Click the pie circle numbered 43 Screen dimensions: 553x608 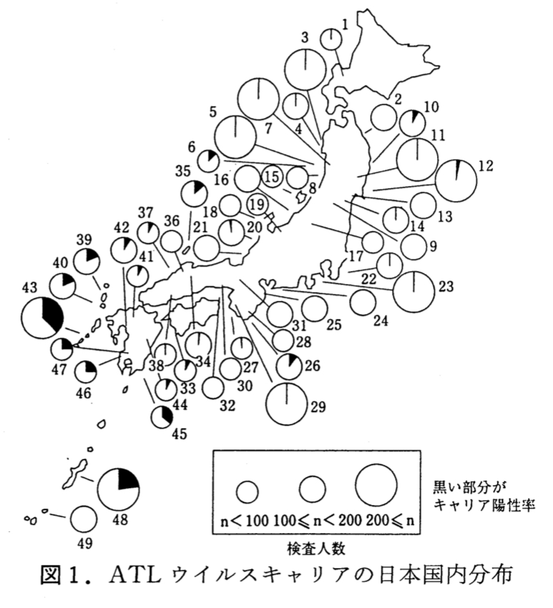42,318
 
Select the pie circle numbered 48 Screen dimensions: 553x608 119,488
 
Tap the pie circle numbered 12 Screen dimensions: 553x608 456,180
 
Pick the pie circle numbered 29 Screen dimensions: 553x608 286,403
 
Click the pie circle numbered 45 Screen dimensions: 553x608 162,416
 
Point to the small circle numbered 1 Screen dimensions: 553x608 331,39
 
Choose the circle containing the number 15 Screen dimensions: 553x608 272,177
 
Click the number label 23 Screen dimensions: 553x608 445,287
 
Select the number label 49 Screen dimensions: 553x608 84,543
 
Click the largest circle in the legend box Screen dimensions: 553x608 376,485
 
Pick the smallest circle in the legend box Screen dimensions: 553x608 248,491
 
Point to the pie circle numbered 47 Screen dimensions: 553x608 62,349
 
